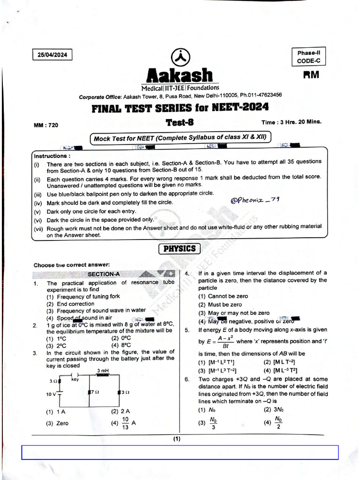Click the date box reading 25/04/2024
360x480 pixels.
click(52, 55)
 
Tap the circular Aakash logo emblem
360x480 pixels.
click(180, 58)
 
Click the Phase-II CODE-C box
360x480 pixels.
click(308, 57)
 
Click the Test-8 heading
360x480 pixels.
click(180, 122)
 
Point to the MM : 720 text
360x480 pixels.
click(46, 125)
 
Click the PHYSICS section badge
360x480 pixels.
click(180, 249)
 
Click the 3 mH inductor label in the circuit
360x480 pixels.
click(103, 371)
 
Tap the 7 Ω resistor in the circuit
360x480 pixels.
click(93, 391)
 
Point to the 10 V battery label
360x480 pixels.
click(51, 394)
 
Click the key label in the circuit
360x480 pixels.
click(75, 380)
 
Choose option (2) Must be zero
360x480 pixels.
click(220, 304)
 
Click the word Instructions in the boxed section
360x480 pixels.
click(52, 156)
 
